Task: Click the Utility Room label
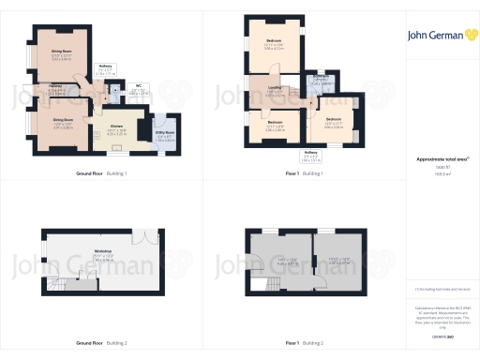coord(164,133)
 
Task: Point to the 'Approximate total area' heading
coord(441,159)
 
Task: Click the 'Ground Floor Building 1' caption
coord(101,173)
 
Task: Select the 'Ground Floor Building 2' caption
coord(101,343)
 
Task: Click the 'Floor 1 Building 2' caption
coord(305,343)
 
